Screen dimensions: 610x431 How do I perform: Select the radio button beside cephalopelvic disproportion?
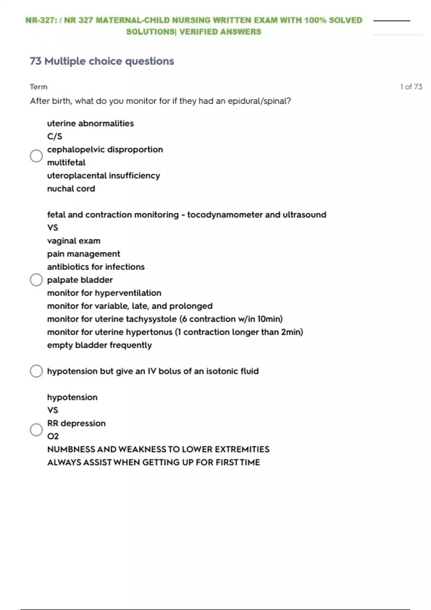click(36, 156)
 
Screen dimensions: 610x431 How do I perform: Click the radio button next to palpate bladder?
click(36, 280)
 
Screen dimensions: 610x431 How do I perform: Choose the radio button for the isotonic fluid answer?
click(36, 371)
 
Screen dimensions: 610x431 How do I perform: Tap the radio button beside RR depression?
click(36, 430)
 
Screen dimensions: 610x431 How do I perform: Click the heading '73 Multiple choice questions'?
click(102, 61)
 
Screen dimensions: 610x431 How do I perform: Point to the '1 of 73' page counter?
click(411, 87)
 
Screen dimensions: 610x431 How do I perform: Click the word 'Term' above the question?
click(38, 87)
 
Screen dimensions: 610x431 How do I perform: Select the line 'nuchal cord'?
click(71, 189)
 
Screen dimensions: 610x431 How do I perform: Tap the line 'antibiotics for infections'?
click(96, 267)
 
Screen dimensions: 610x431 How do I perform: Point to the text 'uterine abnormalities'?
click(90, 123)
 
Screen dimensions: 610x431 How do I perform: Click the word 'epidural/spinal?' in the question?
click(259, 101)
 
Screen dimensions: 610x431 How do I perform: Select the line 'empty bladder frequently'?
click(99, 345)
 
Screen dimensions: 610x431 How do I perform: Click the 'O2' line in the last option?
click(53, 436)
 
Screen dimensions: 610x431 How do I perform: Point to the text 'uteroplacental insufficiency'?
click(103, 176)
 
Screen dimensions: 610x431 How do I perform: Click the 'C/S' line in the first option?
click(55, 136)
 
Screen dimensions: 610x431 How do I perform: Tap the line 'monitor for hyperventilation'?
click(104, 293)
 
